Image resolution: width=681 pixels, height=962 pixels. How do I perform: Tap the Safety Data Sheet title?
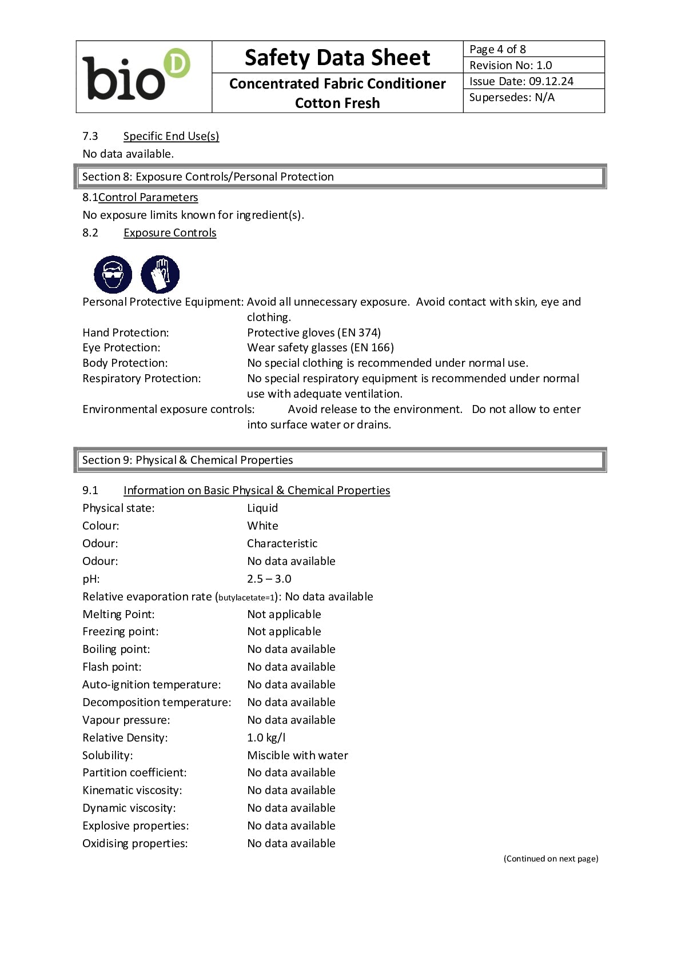click(337, 58)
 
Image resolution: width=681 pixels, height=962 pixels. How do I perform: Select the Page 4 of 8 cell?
click(533, 49)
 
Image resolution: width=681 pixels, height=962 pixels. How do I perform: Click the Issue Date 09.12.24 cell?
click(533, 81)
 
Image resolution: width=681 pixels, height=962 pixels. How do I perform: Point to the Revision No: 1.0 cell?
click(533, 65)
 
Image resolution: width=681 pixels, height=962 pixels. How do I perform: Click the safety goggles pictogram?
click(113, 274)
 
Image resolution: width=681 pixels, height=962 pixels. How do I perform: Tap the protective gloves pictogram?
click(160, 274)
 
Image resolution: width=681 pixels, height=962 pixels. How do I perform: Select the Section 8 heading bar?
click(340, 177)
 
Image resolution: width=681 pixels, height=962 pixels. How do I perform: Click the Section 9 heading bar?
click(340, 460)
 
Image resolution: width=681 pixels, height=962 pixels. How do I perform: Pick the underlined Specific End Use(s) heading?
click(171, 136)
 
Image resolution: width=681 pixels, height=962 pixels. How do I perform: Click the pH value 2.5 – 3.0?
click(269, 579)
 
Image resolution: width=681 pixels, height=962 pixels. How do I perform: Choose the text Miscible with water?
click(297, 755)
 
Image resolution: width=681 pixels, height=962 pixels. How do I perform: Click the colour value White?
click(262, 526)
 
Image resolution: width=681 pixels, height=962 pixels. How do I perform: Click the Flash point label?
click(112, 667)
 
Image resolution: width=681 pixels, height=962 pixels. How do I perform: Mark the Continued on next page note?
click(551, 859)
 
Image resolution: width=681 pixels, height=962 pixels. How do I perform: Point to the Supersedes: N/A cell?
click(533, 98)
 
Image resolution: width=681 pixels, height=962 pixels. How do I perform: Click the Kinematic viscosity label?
click(132, 790)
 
